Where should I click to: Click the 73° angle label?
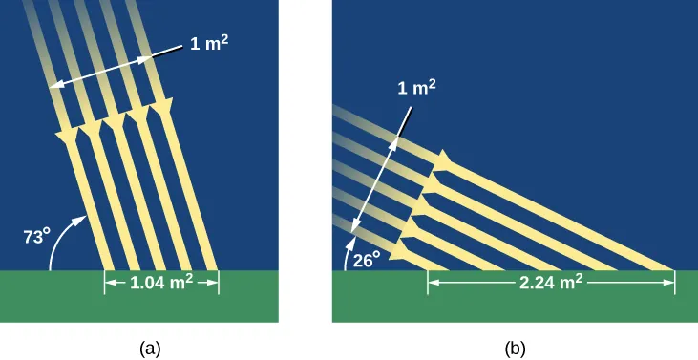tap(36, 236)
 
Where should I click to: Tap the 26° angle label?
tap(368, 256)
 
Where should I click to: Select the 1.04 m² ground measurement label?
tap(160, 282)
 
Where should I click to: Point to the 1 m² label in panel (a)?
tap(212, 44)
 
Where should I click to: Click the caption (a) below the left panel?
tap(149, 349)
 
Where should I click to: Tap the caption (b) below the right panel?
tap(515, 349)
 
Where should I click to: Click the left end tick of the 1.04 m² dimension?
tap(104, 282)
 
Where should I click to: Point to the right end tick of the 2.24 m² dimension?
tap(674, 282)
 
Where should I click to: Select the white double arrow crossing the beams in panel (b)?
tap(374, 179)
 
